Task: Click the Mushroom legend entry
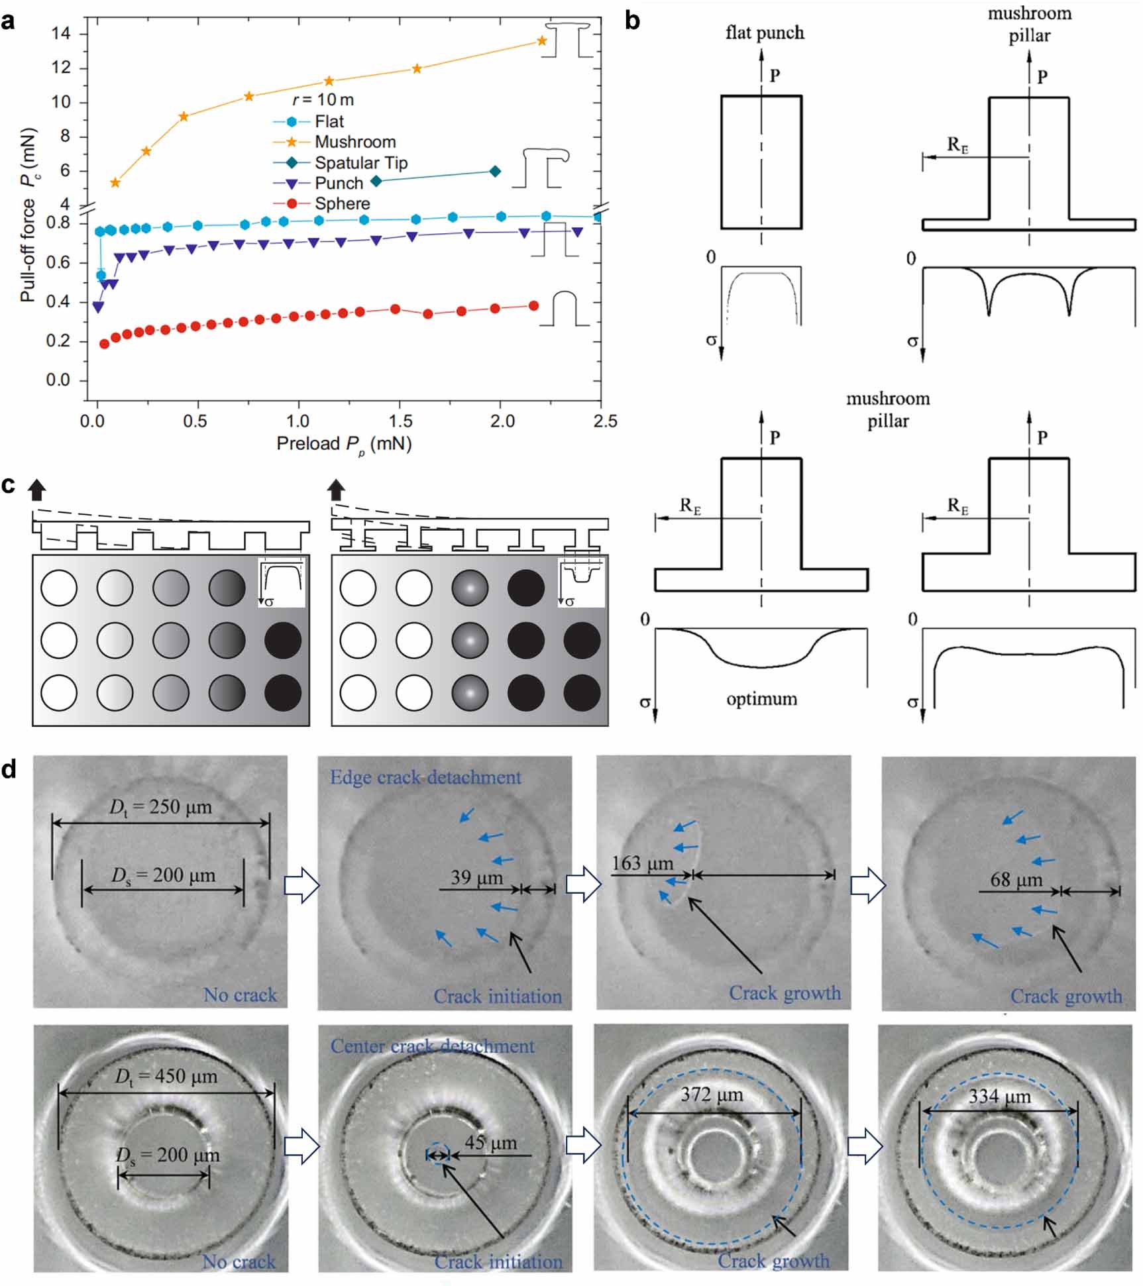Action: [x=354, y=142]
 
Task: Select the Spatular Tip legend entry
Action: [x=360, y=162]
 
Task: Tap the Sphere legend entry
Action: [x=342, y=203]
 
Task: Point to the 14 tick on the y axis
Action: [x=61, y=33]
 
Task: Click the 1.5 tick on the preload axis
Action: [x=400, y=421]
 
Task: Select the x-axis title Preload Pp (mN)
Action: [x=344, y=444]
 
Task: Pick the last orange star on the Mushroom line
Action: [x=541, y=41]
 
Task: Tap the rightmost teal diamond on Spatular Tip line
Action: [x=494, y=172]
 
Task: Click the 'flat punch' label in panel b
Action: [x=765, y=32]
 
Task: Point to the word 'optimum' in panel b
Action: [x=761, y=699]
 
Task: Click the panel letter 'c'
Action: [x=9, y=485]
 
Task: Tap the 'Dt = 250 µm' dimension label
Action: [x=160, y=808]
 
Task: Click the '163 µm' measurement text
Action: [x=642, y=863]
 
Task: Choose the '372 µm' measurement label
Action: [x=712, y=1095]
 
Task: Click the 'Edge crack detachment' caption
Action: [x=425, y=777]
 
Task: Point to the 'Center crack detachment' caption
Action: [x=432, y=1046]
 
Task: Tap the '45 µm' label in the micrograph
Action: [x=490, y=1142]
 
